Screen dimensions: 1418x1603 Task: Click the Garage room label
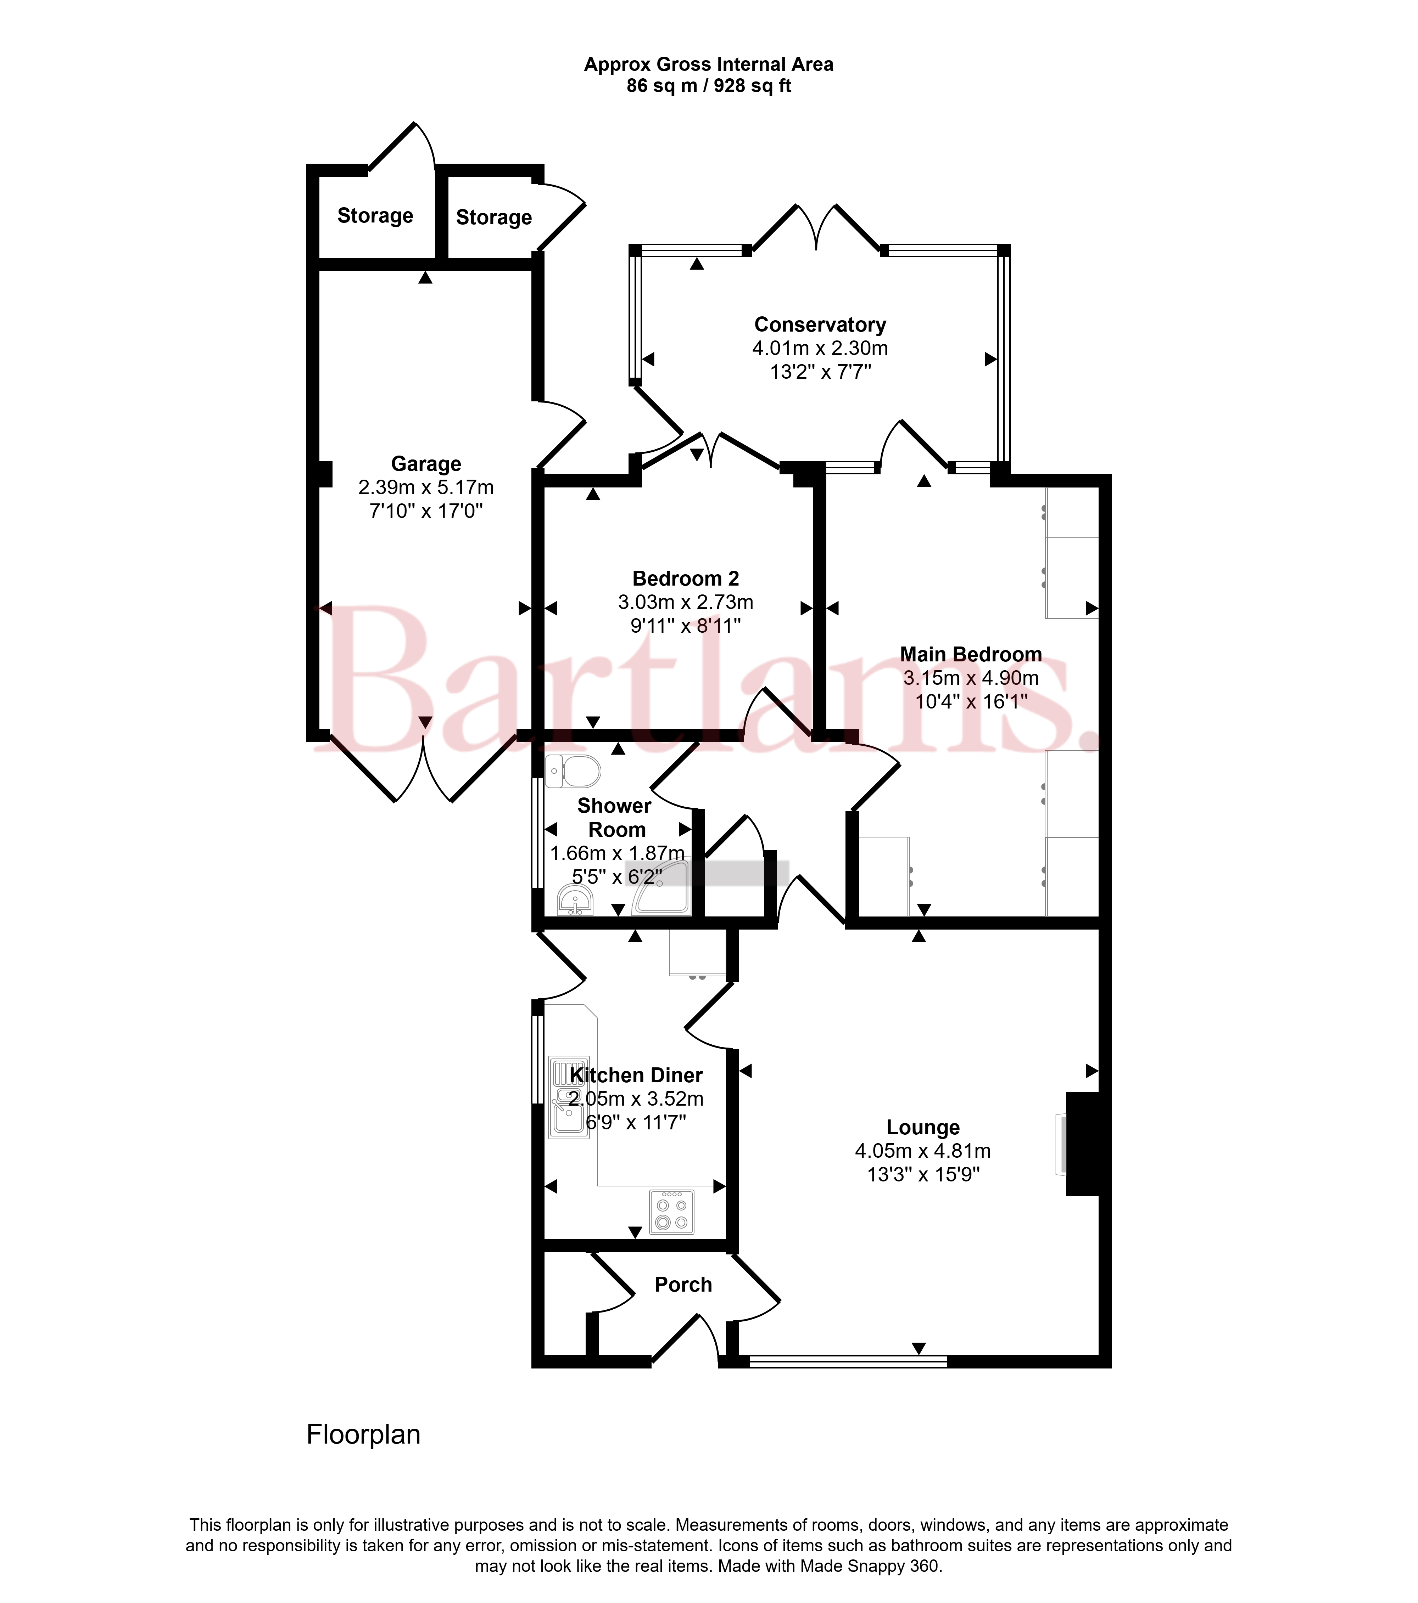426,464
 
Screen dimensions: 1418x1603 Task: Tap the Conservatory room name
820,325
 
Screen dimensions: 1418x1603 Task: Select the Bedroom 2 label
686,579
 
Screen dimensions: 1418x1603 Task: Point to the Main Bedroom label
971,654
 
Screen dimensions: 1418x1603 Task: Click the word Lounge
923,1128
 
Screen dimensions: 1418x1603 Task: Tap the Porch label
683,1285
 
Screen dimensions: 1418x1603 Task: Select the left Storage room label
375,216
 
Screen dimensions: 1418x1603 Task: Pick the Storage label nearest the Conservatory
493,217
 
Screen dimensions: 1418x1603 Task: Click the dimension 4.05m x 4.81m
923,1151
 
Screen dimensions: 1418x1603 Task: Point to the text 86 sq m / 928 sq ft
709,86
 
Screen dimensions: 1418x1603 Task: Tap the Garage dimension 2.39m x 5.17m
426,488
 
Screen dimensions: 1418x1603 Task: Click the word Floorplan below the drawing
363,1434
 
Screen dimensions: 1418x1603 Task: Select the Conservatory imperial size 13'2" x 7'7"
820,372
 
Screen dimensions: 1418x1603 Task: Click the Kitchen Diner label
636,1075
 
